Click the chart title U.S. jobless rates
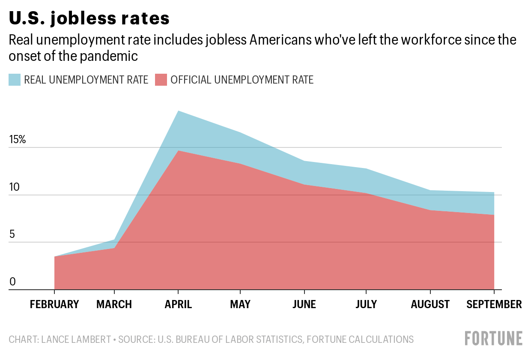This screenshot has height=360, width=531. tap(89, 18)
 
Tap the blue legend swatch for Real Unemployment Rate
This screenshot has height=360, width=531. tap(15, 80)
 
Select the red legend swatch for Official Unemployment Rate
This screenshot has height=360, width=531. tap(161, 80)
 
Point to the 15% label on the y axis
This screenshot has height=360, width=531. tap(18, 140)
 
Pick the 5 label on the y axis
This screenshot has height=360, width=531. tap(12, 234)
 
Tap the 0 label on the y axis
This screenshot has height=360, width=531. tap(12, 282)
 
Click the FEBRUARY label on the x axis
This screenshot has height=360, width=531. tap(54, 304)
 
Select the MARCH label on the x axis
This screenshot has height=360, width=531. tap(114, 304)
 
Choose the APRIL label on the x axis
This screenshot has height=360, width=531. tap(178, 304)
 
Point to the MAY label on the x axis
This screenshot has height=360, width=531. tap(240, 304)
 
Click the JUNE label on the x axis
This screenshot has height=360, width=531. tap(304, 304)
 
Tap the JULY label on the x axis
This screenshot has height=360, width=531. tap(366, 304)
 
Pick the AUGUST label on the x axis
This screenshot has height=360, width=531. tap(430, 304)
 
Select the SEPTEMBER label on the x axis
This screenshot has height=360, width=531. tap(494, 304)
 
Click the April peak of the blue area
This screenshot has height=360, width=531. tap(178, 111)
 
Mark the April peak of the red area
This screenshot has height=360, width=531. tap(178, 151)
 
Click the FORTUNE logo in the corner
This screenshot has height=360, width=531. tap(494, 338)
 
